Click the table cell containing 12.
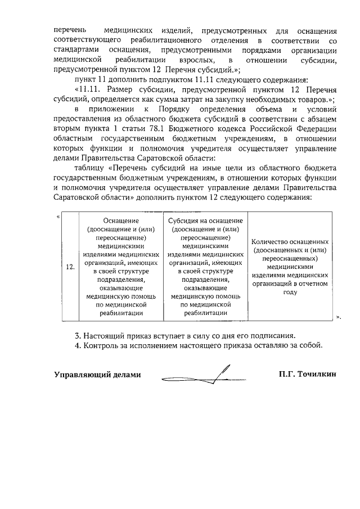[x=70, y=267]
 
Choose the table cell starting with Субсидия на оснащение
[x=205, y=266]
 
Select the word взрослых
[x=194, y=60]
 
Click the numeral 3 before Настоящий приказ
[x=78, y=336]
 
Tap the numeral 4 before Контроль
[x=78, y=345]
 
